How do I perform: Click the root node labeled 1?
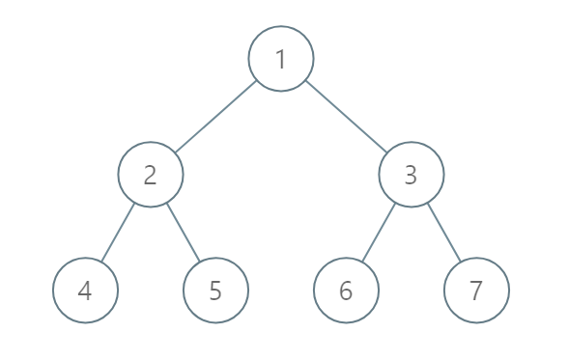coord(281,59)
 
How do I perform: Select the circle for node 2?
coord(151,175)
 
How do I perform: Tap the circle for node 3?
coord(412,175)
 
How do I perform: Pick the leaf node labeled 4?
coord(85,291)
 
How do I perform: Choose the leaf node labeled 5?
coord(215,291)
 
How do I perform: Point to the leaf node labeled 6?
coord(346,291)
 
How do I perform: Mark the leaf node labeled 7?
coord(476,291)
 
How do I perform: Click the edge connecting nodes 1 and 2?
coord(216,117)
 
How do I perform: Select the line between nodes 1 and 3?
coord(346,117)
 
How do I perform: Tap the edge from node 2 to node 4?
coord(118,233)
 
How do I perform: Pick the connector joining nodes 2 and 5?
coord(184,233)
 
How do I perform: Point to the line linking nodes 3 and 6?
coord(379,233)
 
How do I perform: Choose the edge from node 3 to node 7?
coord(444,233)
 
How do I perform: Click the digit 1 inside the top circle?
coord(281,59)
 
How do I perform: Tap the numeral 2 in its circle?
coord(151,175)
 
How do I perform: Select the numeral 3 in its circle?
coord(412,175)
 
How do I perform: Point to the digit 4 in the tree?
coord(85,291)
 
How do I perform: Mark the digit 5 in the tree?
coord(215,291)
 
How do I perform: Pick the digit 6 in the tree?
coord(346,291)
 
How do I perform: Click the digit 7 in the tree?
coord(476,291)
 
